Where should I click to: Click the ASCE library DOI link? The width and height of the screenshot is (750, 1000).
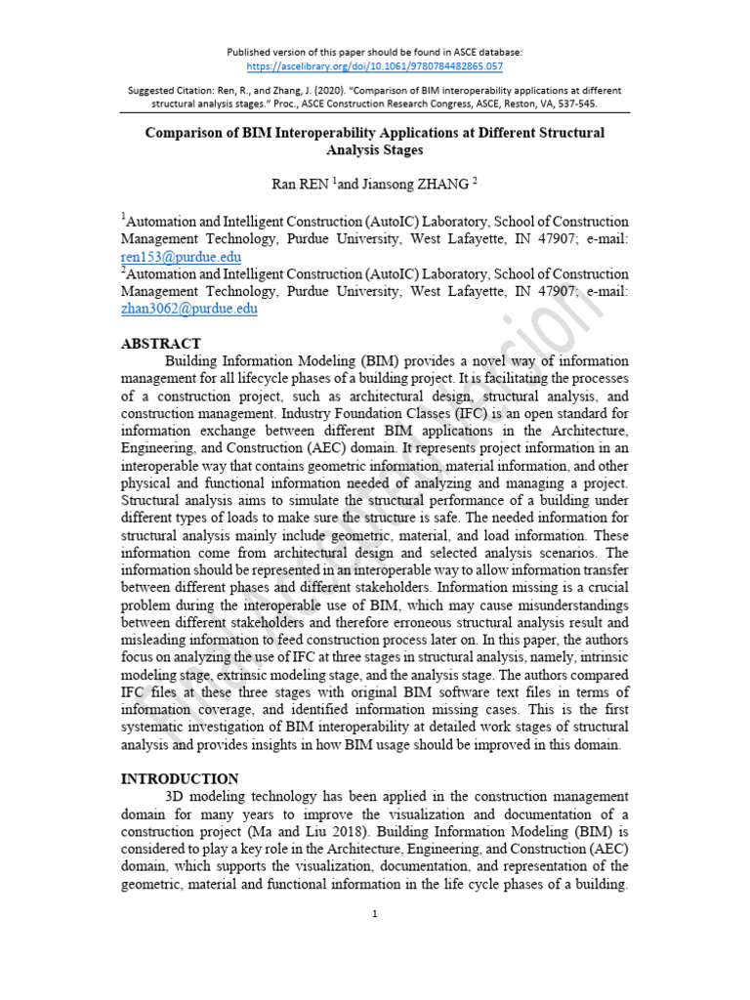[x=375, y=66]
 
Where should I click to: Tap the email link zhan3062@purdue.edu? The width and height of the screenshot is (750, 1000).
[x=188, y=308]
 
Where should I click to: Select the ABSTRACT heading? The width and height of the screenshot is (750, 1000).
[x=160, y=344]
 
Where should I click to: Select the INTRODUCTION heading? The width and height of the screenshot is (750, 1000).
[x=179, y=779]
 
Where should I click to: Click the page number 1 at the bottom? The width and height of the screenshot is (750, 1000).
[x=374, y=914]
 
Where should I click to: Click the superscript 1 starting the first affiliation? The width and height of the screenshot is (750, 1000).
[x=124, y=217]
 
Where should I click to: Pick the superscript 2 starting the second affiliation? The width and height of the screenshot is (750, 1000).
[x=124, y=269]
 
